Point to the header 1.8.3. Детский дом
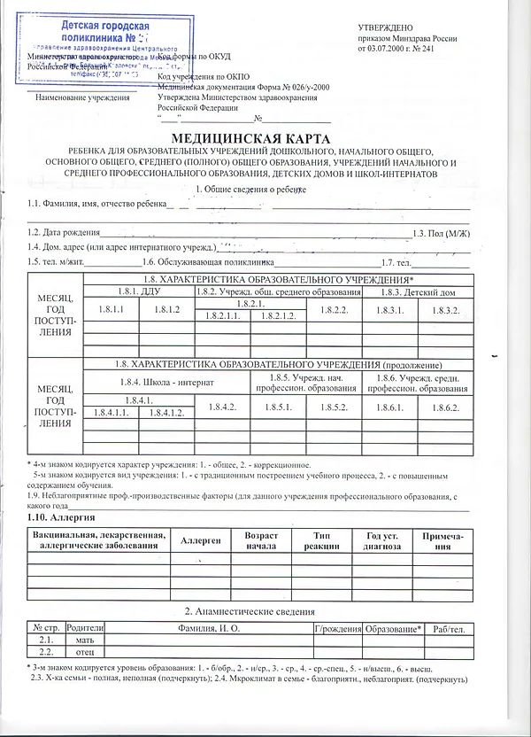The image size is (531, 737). [417, 291]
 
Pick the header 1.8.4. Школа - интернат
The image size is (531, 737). [165, 382]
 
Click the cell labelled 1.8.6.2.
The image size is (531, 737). [442, 407]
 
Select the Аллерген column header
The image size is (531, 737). [200, 539]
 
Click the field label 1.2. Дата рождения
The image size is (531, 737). [61, 232]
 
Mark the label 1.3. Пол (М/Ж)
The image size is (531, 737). [441, 232]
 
